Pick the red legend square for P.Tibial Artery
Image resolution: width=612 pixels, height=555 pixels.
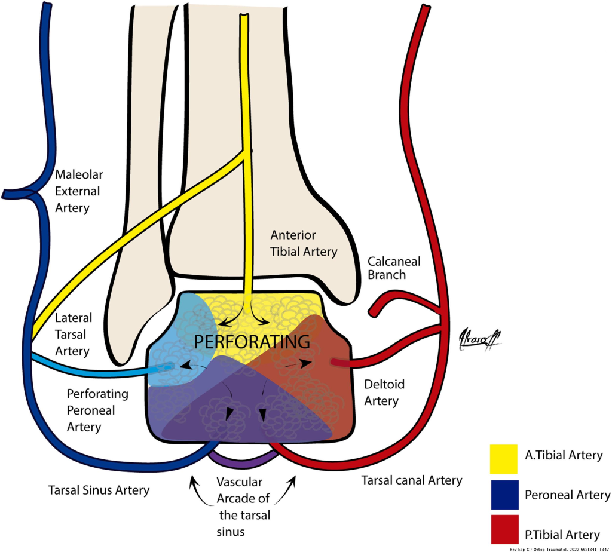pos(503,533)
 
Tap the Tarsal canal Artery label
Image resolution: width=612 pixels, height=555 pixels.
pos(411,480)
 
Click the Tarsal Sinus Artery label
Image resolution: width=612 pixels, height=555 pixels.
pos(99,490)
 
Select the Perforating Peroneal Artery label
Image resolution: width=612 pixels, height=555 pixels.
pos(89,410)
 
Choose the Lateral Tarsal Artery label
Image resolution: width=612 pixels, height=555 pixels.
pos(72,335)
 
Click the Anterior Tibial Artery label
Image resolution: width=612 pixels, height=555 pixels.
pos(304,243)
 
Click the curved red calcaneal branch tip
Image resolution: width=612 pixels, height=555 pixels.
pos(374,311)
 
